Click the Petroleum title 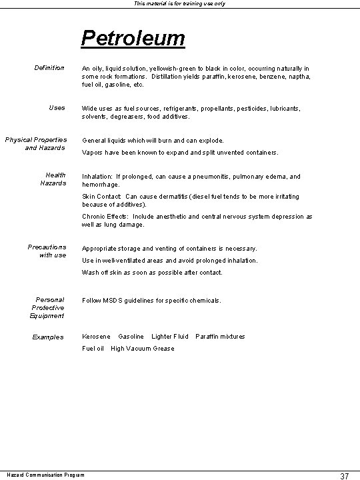pos(133,37)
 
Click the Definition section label pos(49,68)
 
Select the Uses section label pos(57,108)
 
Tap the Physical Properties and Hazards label pos(37,143)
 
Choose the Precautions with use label pos(47,251)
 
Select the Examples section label pos(48,337)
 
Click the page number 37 pos(344,475)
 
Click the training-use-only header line pos(179,4)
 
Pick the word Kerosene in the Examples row pos(96,337)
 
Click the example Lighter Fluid pos(170,337)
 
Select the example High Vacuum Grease pos(142,349)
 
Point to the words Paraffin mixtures pos(220,337)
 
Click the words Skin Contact pos(101,197)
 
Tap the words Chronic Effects pos(107,217)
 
